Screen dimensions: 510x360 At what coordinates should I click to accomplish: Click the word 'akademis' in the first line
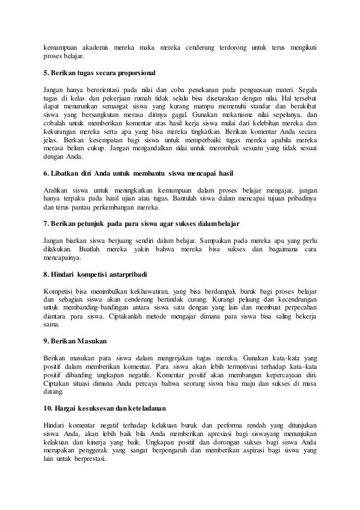pyautogui.click(x=96, y=46)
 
